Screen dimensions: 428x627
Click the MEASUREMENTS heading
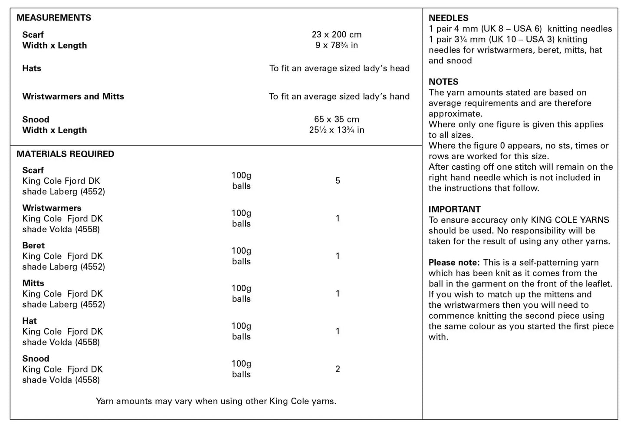54,18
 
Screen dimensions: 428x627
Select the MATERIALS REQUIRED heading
65,154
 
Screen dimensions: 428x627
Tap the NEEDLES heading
448,18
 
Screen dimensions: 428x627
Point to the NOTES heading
443,82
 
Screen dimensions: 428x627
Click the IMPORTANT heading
454,209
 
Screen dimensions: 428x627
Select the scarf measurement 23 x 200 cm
336,35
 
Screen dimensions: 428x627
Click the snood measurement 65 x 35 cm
336,119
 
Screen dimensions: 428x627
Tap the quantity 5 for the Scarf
338,181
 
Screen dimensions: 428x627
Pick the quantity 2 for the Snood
338,369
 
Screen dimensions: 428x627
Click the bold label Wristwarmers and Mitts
73,96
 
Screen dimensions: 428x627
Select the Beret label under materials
33,246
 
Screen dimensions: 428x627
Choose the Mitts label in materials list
33,283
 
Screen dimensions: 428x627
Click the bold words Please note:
454,263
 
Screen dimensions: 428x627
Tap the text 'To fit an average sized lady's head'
339,68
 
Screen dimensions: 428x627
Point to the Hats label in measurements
32,68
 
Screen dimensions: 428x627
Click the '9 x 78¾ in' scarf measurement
336,45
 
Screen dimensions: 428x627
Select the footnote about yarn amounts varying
216,401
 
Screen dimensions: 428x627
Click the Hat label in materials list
30,321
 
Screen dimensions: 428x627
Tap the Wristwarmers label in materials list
52,208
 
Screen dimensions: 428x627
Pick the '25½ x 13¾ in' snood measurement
336,130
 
